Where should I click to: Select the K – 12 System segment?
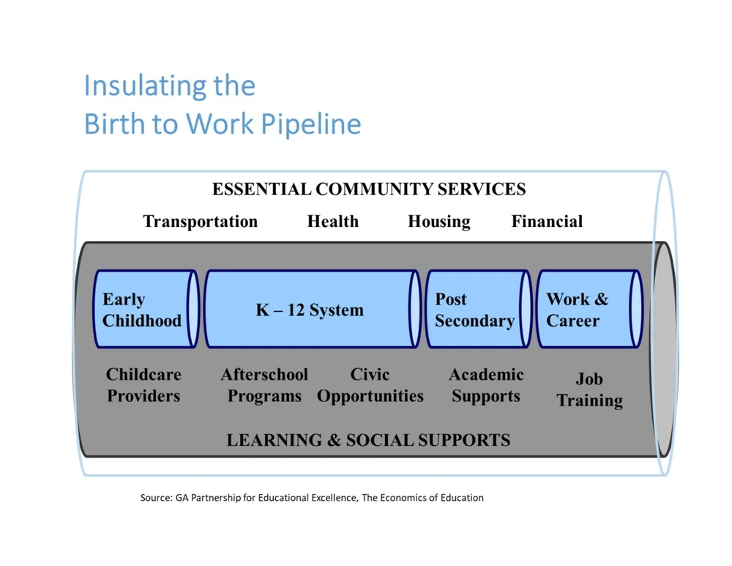[310, 310]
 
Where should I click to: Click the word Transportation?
[200, 222]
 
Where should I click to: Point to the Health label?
[332, 222]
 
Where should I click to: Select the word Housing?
[438, 222]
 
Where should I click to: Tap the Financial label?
[547, 222]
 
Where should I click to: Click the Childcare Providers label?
[143, 385]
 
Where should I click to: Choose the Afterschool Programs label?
[264, 385]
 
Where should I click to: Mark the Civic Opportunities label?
[370, 385]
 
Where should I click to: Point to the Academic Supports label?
[486, 385]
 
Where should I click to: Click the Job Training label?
[589, 390]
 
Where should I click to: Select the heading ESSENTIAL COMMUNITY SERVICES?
[369, 189]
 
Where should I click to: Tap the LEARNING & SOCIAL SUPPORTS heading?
[368, 440]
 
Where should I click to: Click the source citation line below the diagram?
[312, 498]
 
